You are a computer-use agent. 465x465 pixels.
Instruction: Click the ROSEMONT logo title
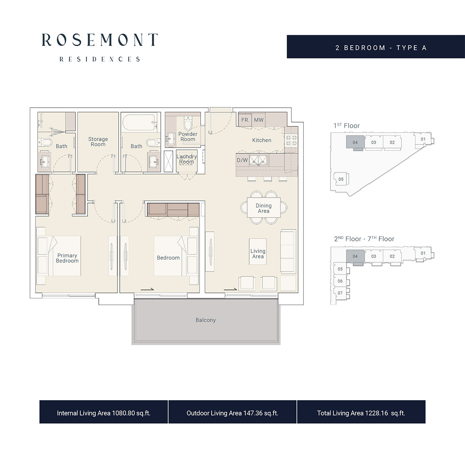pos(100,40)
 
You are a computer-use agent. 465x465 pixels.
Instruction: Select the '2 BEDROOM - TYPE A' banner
pos(381,48)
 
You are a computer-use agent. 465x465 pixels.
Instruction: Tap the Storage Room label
pos(98,141)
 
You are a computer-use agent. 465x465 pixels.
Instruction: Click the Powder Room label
pos(188,136)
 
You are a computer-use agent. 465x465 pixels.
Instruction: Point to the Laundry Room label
pos(187,159)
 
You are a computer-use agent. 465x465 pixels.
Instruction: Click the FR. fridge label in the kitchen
pos(245,120)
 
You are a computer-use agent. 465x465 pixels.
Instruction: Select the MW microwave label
pos(258,120)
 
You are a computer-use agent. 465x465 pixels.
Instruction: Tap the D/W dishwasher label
pos(242,160)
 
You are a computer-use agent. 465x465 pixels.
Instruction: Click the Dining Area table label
pos(263,208)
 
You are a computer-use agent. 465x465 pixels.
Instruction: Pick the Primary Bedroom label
pos(67,258)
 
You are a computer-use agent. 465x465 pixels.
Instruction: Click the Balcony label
pos(205,320)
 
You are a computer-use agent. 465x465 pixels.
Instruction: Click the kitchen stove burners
pos(291,140)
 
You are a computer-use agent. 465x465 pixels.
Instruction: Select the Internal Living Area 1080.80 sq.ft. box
pos(103,413)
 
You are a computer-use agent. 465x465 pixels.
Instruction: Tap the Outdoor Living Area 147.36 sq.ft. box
pos(232,413)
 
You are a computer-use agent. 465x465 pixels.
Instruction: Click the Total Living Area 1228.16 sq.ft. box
pos(361,413)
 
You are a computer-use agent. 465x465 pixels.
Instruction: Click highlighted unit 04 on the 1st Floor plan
pos(355,142)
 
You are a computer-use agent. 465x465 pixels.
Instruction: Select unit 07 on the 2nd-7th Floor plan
pos(340,293)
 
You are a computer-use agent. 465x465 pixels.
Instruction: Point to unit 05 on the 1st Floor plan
pos(341,179)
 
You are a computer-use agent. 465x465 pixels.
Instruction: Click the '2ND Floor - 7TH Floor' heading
pos(364,239)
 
